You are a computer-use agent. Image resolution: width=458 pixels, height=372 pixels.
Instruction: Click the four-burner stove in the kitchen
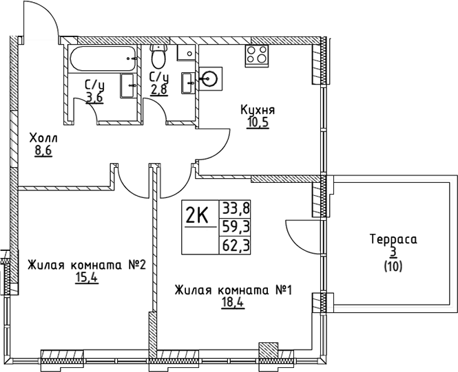[x=256, y=54]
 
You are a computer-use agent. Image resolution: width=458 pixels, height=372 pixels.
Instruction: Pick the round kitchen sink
[x=211, y=80]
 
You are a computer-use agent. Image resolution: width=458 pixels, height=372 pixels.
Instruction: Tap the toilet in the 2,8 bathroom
[x=158, y=55]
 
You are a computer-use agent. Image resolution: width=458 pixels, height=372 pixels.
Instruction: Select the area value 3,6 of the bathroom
[x=95, y=98]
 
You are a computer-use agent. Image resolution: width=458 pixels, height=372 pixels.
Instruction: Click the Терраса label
[x=393, y=241]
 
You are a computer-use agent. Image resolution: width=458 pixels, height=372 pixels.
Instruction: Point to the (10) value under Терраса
[x=393, y=265]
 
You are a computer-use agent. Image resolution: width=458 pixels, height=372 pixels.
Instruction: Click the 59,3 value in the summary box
[x=235, y=226]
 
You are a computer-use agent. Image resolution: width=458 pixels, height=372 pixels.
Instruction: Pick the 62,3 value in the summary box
[x=235, y=243]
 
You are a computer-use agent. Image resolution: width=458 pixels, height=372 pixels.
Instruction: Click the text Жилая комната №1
[x=233, y=290]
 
